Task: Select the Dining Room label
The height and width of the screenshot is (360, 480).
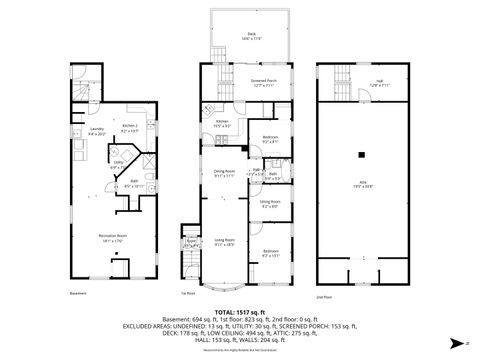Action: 223,172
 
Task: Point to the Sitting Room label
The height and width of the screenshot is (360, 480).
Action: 270,202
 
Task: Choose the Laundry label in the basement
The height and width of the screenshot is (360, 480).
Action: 98,129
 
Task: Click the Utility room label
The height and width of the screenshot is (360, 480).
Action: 118,167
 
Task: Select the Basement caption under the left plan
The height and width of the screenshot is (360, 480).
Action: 79,293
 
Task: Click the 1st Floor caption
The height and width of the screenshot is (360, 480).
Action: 187,293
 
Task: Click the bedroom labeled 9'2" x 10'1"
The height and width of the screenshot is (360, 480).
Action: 270,251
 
